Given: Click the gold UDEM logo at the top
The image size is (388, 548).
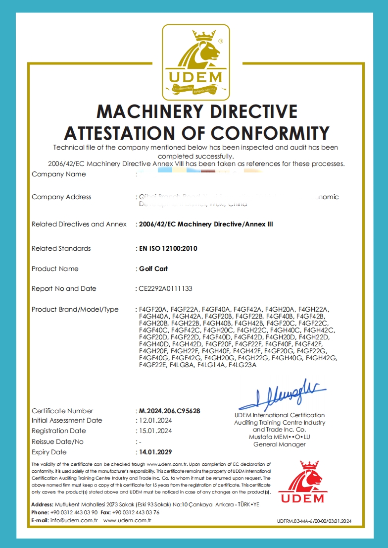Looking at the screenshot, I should click(x=196, y=60).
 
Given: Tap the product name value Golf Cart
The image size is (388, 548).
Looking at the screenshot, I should click(x=153, y=269).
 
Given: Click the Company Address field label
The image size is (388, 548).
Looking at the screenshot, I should click(x=61, y=197).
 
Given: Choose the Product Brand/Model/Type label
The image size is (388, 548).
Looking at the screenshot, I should click(x=75, y=309).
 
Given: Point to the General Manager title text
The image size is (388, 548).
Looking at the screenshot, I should click(x=280, y=444).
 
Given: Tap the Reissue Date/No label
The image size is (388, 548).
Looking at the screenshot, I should click(x=58, y=441).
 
